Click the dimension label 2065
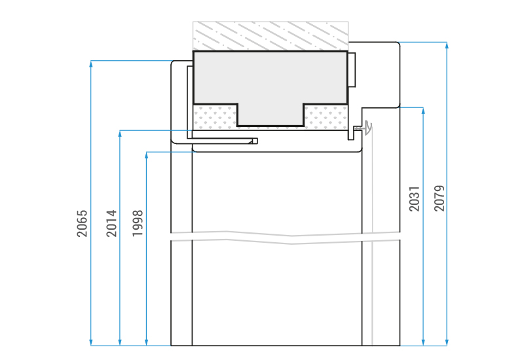tap(82, 223)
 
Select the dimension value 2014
tap(111, 223)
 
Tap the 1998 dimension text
tap(138, 223)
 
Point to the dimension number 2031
tap(414, 199)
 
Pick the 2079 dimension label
tap(440, 198)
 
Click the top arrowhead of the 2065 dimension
tap(91, 63)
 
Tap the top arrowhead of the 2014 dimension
tap(120, 134)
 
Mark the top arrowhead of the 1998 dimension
tap(146, 155)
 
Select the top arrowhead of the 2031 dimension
tap(423, 111)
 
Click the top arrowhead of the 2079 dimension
tap(447, 45)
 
